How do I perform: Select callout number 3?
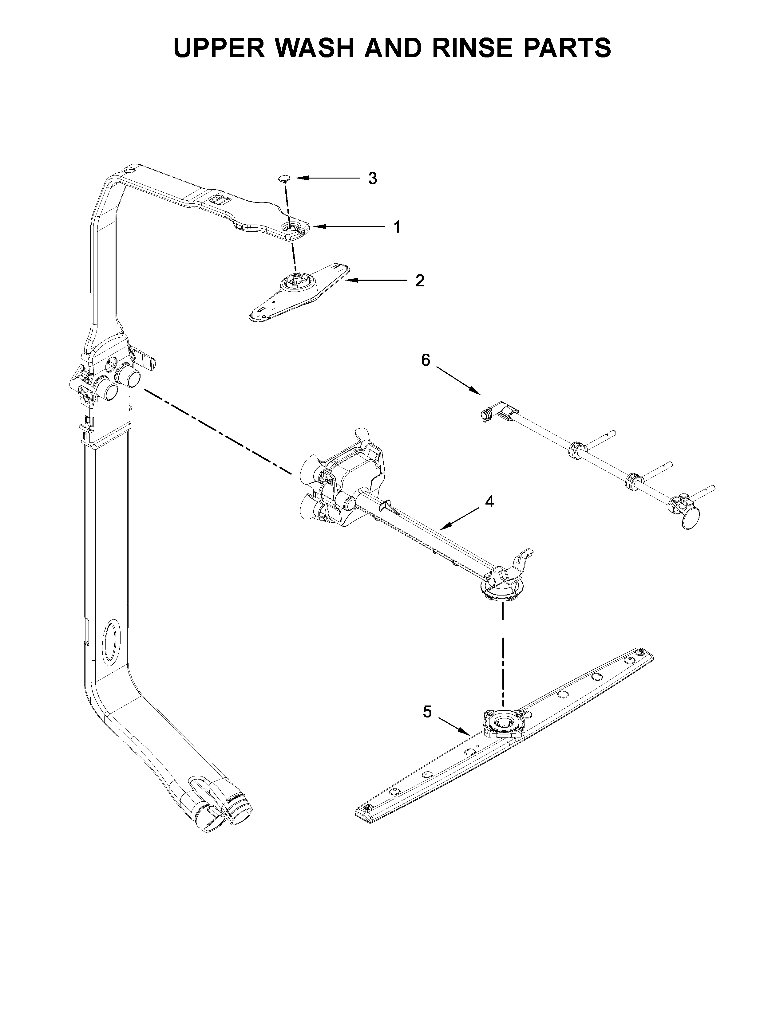[x=373, y=178]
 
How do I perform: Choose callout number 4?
[x=489, y=501]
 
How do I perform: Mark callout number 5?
[x=427, y=712]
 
